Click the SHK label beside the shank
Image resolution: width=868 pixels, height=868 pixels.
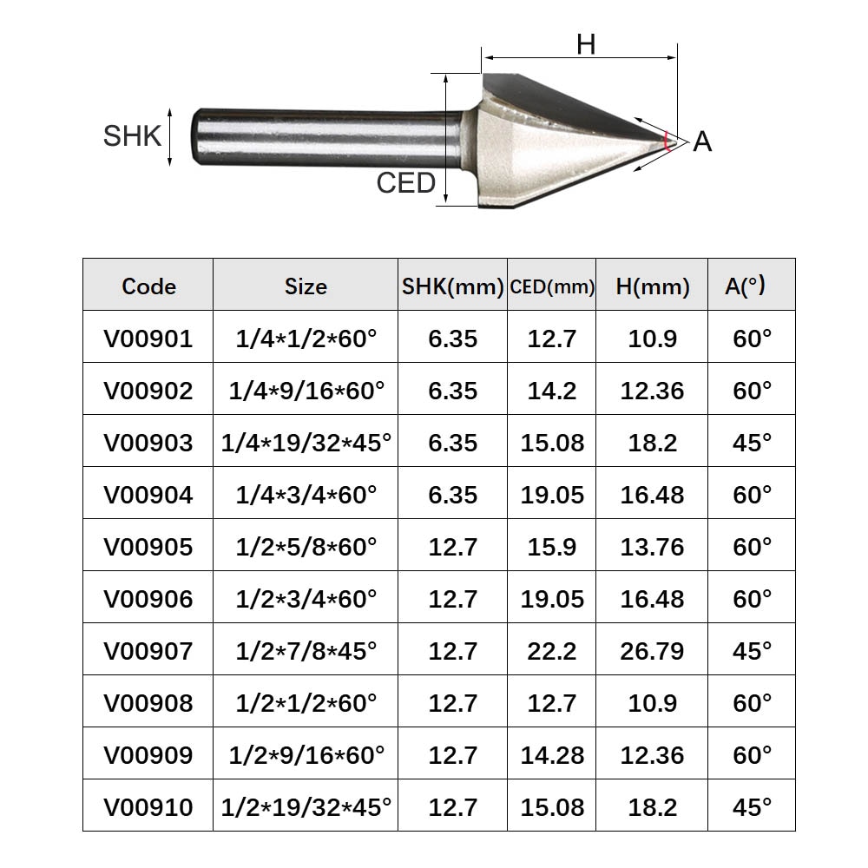pyautogui.click(x=132, y=136)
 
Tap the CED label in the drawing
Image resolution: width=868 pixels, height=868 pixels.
pyautogui.click(x=405, y=183)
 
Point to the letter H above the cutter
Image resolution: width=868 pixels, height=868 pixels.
pyautogui.click(x=586, y=43)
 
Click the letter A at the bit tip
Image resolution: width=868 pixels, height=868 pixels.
pyautogui.click(x=702, y=141)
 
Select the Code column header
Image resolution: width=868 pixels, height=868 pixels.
pyautogui.click(x=148, y=286)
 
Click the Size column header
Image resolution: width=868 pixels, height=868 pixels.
pyautogui.click(x=306, y=286)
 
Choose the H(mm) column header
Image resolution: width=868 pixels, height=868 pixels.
pyautogui.click(x=652, y=286)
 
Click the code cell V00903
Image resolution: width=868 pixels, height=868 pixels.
pyautogui.click(x=148, y=443)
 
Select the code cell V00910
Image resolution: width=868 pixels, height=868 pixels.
pyautogui.click(x=148, y=807)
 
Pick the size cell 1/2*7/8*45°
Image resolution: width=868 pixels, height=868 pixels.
pyautogui.click(x=306, y=651)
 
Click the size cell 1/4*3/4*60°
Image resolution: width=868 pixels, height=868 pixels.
pyautogui.click(x=306, y=495)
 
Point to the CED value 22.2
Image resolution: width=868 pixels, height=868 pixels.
pyautogui.click(x=552, y=651)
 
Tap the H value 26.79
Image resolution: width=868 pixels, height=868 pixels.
pyautogui.click(x=652, y=651)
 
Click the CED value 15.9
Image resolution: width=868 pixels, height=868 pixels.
pyautogui.click(x=552, y=547)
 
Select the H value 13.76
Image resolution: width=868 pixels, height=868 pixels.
pyautogui.click(x=652, y=547)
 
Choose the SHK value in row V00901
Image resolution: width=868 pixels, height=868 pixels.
pyautogui.click(x=452, y=339)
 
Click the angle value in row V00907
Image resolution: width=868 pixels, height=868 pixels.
pyautogui.click(x=752, y=651)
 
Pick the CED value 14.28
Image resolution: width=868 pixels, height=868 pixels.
pyautogui.click(x=552, y=755)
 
